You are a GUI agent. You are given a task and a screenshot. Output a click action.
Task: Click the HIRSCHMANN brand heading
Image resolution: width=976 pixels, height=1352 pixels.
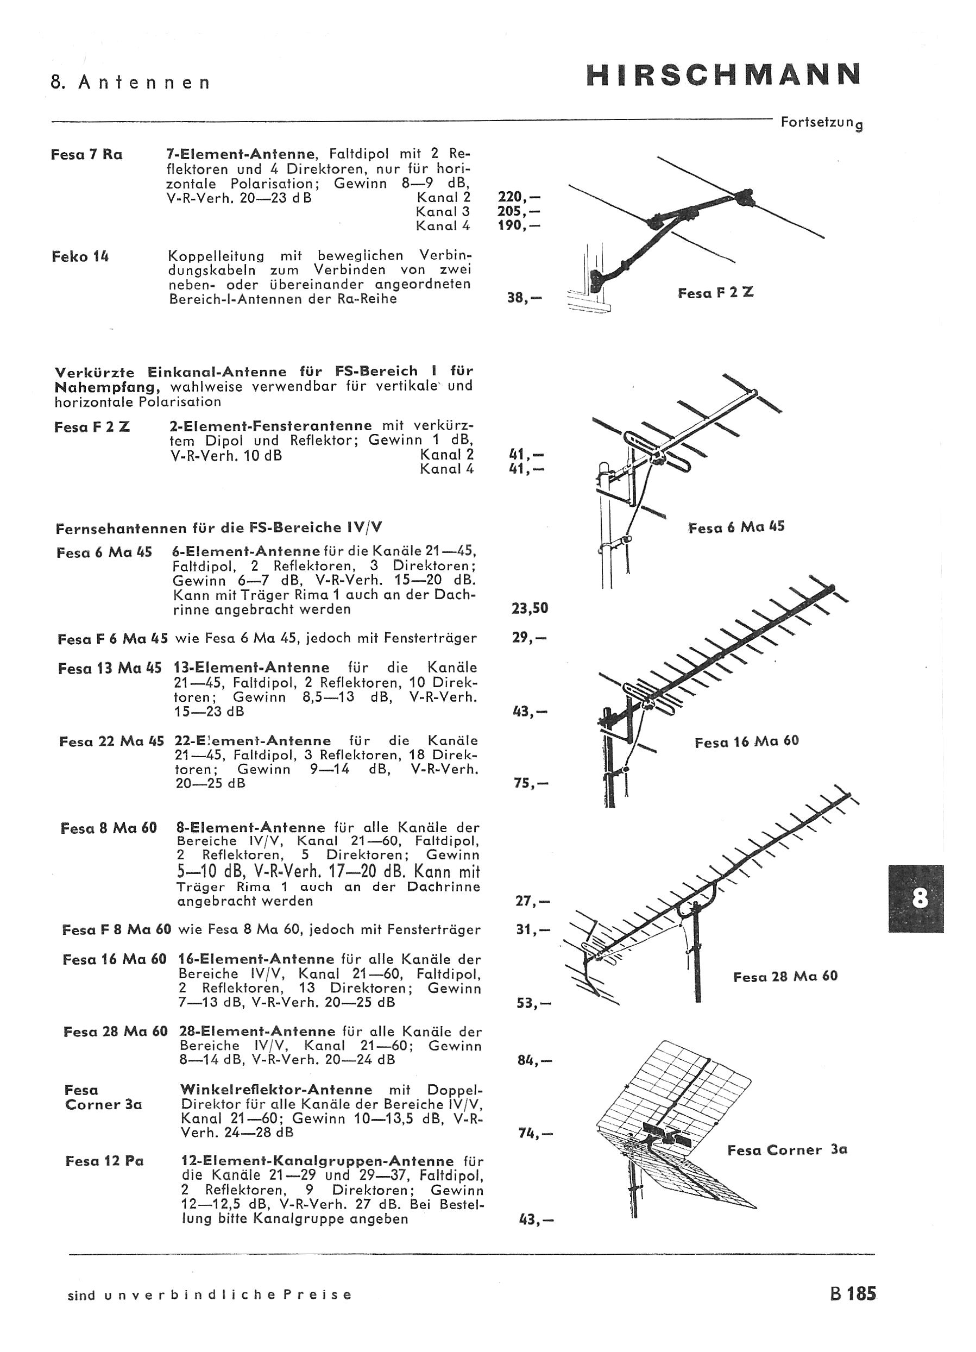click(724, 74)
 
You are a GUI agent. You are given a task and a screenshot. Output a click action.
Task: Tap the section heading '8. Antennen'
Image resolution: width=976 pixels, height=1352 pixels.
click(130, 82)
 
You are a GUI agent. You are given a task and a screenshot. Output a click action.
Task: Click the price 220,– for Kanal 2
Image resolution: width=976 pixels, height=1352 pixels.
click(519, 197)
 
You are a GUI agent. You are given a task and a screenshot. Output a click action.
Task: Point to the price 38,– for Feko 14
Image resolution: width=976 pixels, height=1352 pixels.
click(525, 298)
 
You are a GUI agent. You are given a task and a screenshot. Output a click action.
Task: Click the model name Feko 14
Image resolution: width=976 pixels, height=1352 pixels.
click(80, 257)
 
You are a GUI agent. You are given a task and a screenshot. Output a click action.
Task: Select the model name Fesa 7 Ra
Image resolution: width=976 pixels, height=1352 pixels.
click(86, 154)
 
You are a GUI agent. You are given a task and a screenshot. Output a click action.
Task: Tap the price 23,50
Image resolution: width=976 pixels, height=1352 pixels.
click(530, 608)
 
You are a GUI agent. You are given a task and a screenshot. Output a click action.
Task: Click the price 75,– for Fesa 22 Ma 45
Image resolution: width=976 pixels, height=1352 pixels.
click(531, 783)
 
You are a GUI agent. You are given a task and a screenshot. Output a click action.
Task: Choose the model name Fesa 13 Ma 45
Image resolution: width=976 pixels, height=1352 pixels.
click(110, 668)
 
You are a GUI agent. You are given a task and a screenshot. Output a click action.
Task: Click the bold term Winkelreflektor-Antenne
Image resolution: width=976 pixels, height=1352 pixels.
click(276, 1090)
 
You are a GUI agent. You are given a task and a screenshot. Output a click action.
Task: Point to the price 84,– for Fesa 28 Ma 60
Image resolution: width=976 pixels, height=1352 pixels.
click(535, 1060)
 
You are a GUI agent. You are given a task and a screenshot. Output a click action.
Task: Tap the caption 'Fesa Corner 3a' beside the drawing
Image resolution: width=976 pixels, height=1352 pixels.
click(787, 1150)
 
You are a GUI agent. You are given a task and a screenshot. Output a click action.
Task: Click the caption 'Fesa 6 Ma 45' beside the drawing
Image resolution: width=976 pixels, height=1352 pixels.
click(736, 527)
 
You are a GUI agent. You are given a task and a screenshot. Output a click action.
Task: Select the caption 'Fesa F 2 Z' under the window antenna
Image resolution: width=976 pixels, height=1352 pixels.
click(715, 293)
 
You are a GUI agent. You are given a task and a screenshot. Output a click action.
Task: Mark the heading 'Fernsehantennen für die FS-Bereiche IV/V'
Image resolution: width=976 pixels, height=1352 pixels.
click(219, 527)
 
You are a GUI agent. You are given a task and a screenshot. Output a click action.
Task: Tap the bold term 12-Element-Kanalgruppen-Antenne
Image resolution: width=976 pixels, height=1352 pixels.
click(317, 1161)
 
